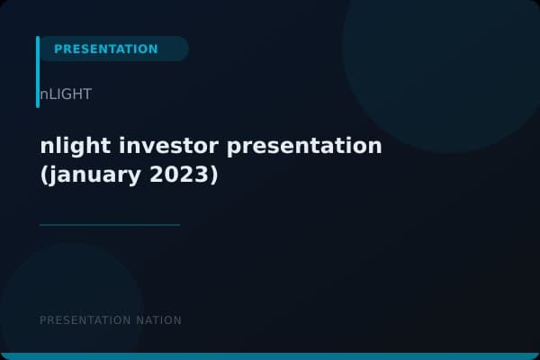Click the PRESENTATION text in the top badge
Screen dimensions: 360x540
[105, 49]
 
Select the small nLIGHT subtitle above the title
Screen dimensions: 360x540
[65, 94]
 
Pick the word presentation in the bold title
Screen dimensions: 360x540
[306, 146]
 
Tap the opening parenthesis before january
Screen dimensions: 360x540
[45, 175]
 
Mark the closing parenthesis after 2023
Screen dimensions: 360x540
[213, 175]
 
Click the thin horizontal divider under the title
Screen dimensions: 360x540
[110, 225]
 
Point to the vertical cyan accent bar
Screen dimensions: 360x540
[38, 72]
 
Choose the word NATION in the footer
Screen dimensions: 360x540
[158, 320]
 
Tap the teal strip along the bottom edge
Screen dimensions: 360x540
[270, 356]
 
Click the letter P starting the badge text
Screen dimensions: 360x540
[58, 49]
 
